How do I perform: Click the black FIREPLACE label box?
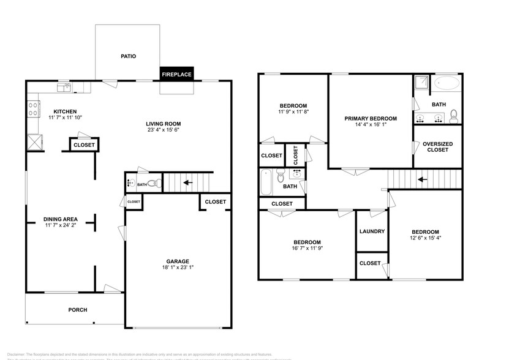coord(176,75)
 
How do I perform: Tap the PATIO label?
coord(127,56)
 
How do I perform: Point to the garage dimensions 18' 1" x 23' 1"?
coord(178,267)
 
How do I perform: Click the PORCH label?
coord(77,310)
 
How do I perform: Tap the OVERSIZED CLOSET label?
coord(437,146)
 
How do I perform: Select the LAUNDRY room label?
coord(372,231)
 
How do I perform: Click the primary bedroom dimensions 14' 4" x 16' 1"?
coord(370,126)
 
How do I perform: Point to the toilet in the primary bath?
coord(454,115)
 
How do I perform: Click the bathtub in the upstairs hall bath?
coord(266,182)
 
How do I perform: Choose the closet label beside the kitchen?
coord(84,145)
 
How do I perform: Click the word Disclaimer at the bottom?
coord(15,354)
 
